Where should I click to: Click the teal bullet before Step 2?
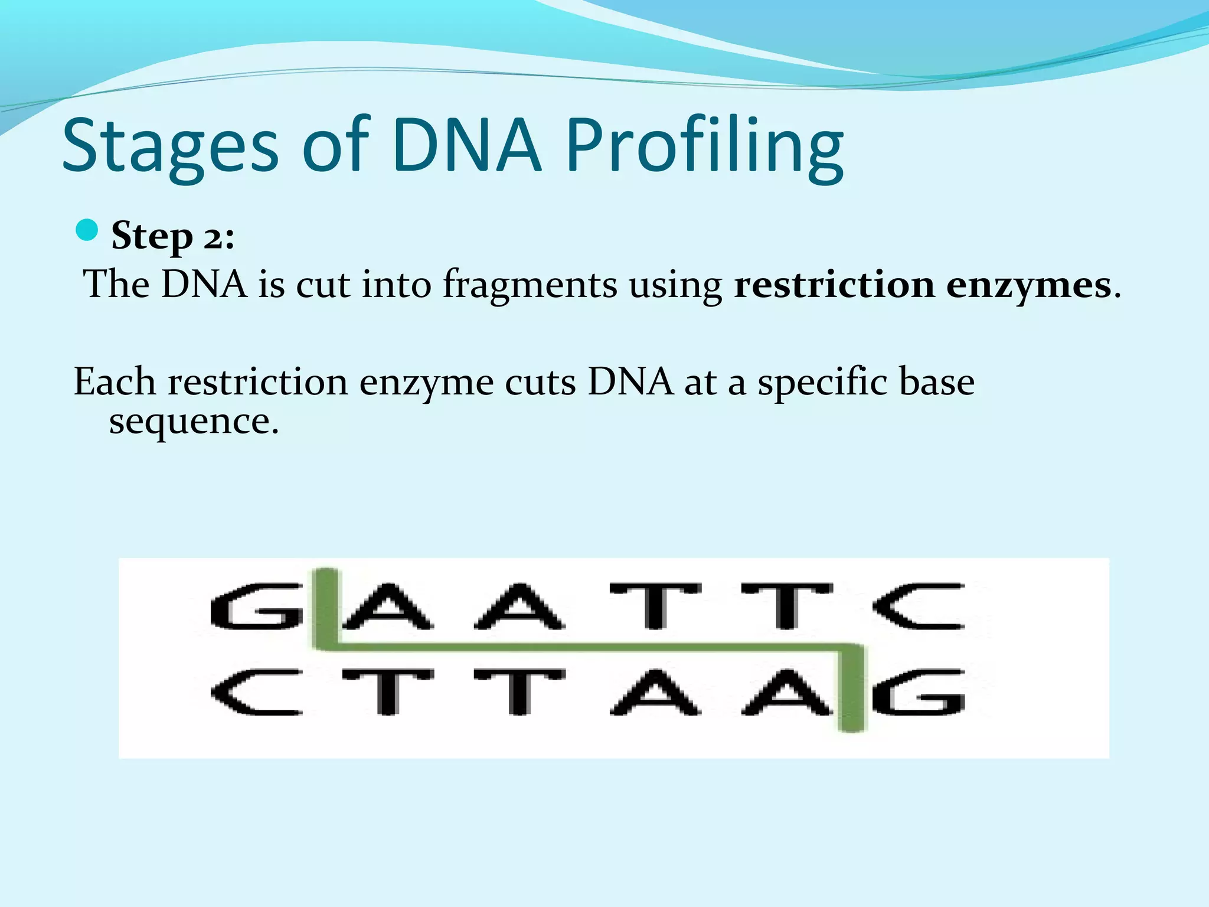coord(87,230)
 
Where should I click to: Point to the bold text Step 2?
coord(172,236)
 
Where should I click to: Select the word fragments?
coord(530,285)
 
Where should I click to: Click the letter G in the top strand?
coord(256,606)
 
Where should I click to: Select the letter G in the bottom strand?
coord(919,692)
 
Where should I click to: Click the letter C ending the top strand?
coord(919,606)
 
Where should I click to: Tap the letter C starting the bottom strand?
coord(256,692)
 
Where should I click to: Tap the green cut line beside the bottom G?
coord(852,691)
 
